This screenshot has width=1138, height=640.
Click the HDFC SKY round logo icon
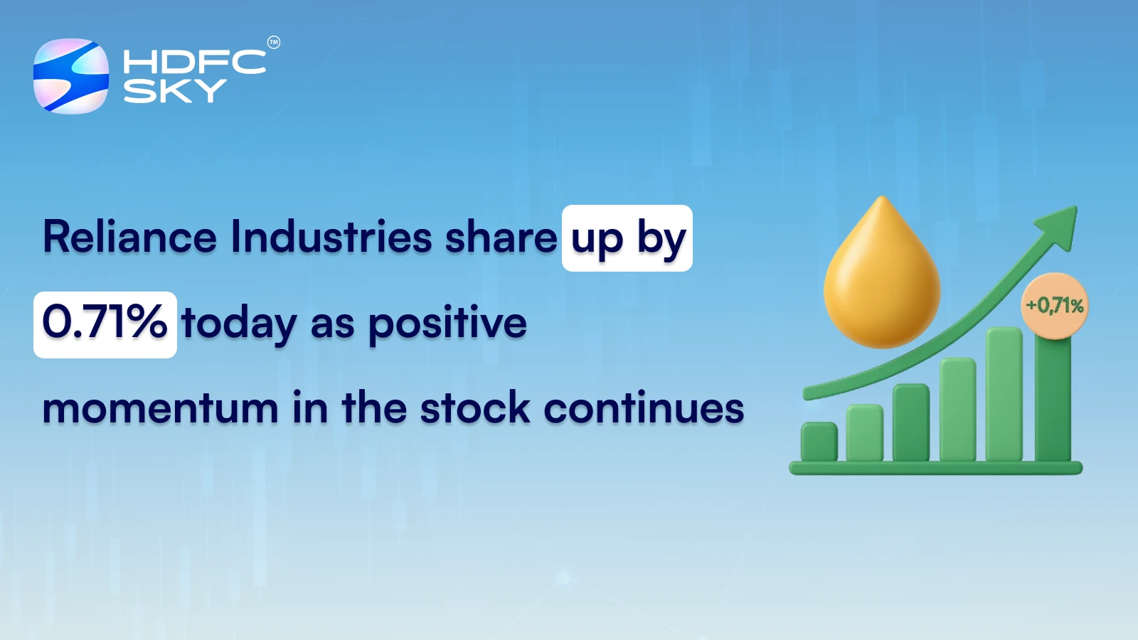71,76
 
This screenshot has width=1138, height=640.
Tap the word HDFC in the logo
194,62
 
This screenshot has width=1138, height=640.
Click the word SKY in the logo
174,91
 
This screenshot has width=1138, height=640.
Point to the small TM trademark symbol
273,43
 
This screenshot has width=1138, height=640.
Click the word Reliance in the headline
129,237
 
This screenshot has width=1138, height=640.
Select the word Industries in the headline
331,237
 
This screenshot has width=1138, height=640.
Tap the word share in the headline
501,237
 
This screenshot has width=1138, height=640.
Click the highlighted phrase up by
627,238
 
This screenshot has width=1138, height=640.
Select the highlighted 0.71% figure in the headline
105,324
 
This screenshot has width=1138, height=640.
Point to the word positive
447,324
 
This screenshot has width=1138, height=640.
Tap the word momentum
160,409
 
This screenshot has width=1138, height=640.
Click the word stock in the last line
475,409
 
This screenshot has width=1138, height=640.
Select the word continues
644,409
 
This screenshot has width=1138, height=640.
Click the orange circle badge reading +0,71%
1054,306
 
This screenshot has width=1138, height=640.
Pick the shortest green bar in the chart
819,442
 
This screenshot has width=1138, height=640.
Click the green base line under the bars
936,468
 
